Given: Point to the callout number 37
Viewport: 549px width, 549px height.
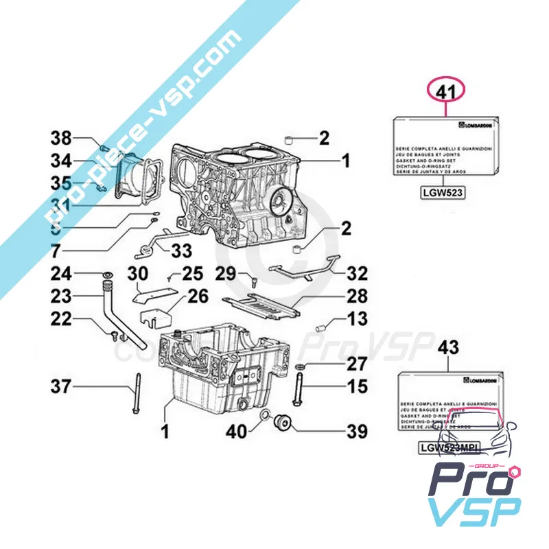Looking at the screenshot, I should [x=60, y=388].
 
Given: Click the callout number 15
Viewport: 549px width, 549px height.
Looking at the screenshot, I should [x=356, y=387].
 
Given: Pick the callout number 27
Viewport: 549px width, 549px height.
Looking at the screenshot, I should [x=355, y=364].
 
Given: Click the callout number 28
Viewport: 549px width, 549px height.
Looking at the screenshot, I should [x=355, y=296].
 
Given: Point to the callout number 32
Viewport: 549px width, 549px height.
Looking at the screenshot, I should [x=356, y=274].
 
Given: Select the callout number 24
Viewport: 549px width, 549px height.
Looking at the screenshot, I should [x=60, y=274].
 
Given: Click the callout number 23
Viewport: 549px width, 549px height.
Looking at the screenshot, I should [x=60, y=297].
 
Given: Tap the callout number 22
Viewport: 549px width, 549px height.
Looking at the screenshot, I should [x=60, y=320].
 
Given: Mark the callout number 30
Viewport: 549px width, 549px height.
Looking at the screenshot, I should [x=139, y=274].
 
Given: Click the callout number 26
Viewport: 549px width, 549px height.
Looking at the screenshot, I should [x=198, y=297].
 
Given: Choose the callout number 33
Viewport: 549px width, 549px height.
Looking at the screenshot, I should [x=182, y=251].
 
